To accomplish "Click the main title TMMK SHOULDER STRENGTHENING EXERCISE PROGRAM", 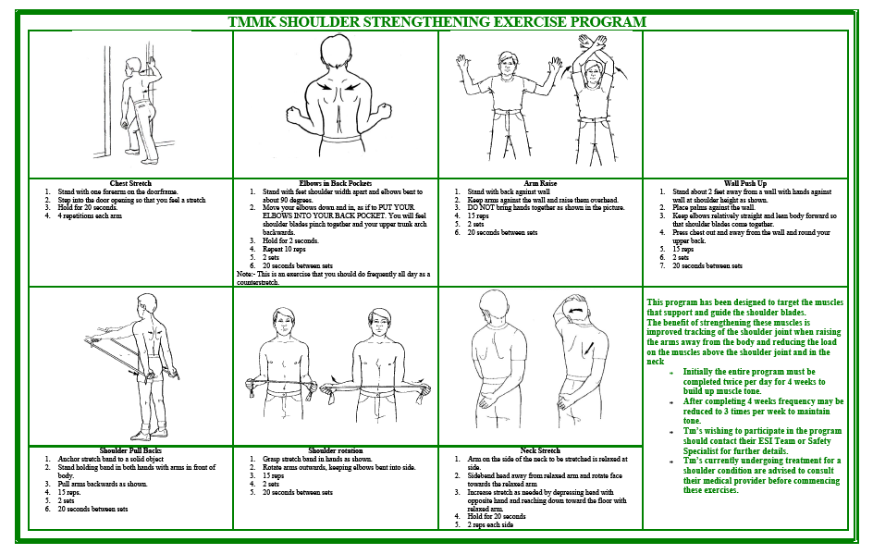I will pyautogui.click(x=437, y=21).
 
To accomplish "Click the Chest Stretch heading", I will pyautogui.click(x=130, y=183).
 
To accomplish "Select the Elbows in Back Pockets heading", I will pyautogui.click(x=336, y=183).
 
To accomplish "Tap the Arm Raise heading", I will pyautogui.click(x=540, y=183).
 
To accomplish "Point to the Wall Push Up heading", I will pyautogui.click(x=745, y=183).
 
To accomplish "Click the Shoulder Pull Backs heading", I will pyautogui.click(x=130, y=451).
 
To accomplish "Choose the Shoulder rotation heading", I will pyautogui.click(x=336, y=451).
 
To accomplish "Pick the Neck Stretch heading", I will pyautogui.click(x=540, y=451).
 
